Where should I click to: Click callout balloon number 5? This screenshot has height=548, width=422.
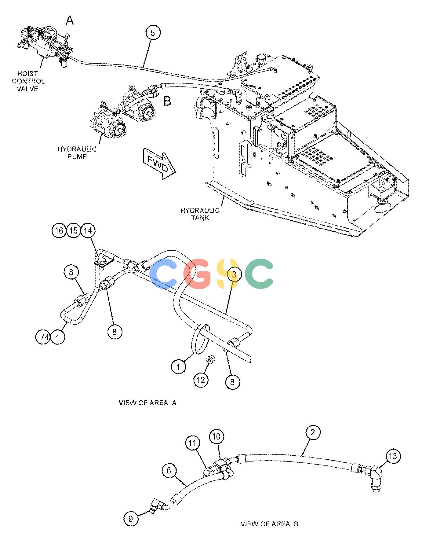[x=153, y=33]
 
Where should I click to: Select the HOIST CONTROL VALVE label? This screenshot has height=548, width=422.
[x=28, y=81]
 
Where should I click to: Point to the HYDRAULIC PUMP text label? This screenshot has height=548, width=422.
[x=77, y=153]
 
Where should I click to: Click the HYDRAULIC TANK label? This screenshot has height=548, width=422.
[x=200, y=214]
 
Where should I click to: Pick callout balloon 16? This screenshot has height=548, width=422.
[x=59, y=230]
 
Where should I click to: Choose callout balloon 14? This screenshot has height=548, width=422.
[x=88, y=230]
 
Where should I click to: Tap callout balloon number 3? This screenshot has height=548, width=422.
[x=234, y=274]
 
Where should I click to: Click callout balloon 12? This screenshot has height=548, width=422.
[x=201, y=380]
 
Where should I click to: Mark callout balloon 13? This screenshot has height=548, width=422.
[x=393, y=456]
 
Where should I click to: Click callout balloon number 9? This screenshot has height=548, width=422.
[x=131, y=519]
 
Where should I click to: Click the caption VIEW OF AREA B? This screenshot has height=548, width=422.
[x=269, y=524]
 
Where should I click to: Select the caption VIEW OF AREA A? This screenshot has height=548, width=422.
[x=147, y=403]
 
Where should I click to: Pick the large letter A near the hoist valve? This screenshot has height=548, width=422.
[x=70, y=21]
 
